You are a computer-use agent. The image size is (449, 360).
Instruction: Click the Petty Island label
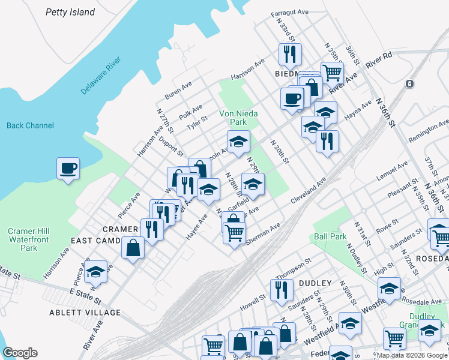70,12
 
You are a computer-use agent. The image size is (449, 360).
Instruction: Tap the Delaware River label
101,75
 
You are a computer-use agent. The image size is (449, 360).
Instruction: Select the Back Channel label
30,125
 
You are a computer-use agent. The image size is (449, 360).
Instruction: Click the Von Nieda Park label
233,117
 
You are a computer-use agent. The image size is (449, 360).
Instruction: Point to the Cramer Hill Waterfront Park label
29,239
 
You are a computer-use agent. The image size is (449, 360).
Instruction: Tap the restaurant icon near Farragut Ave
290,54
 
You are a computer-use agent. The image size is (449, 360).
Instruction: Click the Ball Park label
330,236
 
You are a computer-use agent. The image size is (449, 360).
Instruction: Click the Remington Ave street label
429,130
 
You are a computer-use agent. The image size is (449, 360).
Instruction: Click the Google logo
20,352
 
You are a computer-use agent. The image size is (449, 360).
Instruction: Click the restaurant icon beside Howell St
281,290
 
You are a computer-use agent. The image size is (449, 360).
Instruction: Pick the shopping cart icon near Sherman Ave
234,232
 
